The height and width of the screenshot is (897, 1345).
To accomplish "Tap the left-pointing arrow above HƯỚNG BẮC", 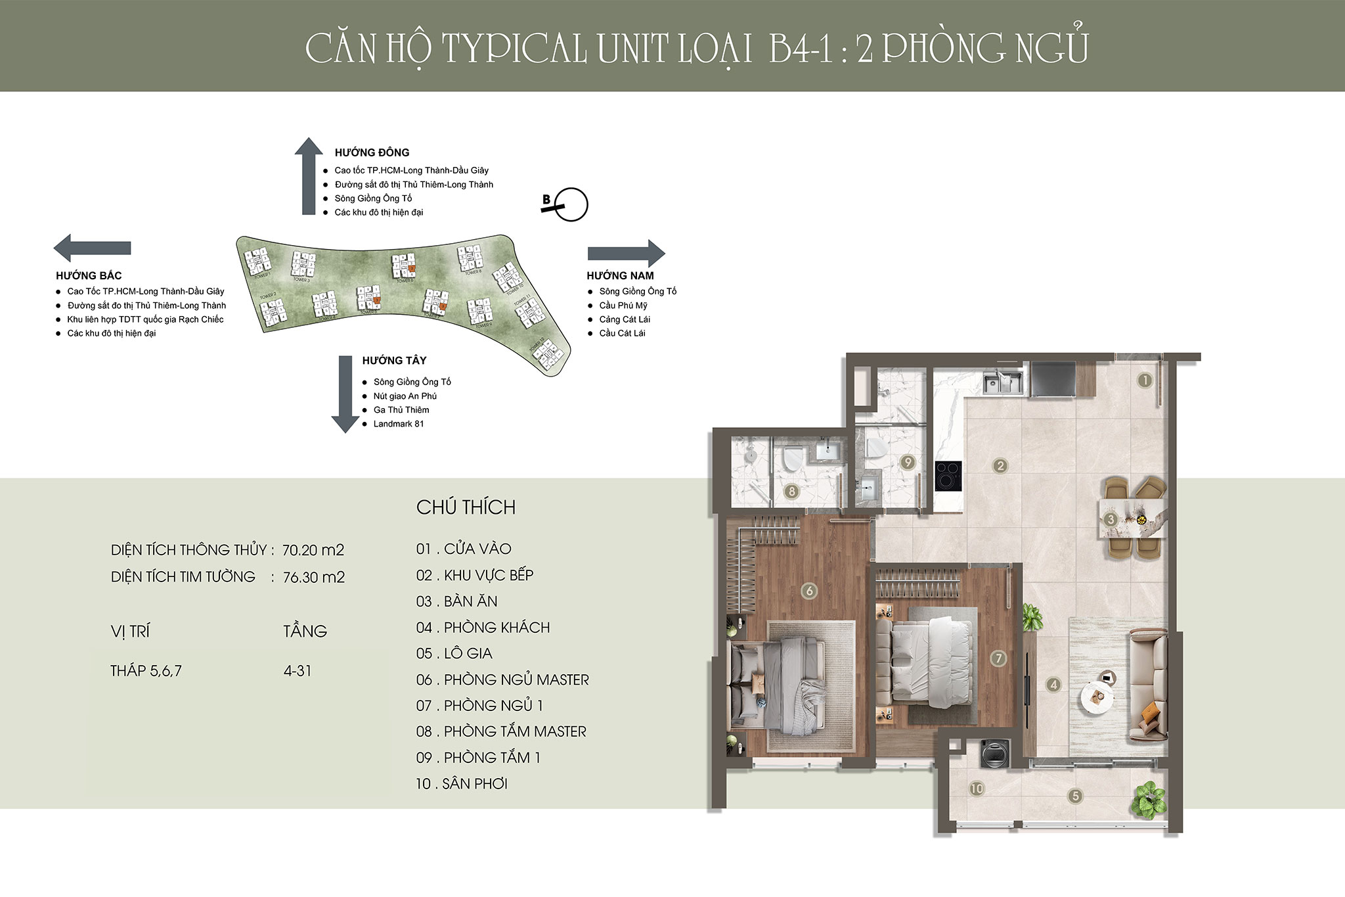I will (x=91, y=248).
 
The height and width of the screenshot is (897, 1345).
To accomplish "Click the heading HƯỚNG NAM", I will (x=620, y=276).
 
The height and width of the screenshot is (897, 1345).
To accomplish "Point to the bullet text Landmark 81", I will (x=399, y=424).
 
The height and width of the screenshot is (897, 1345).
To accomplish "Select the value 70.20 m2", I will (x=313, y=550).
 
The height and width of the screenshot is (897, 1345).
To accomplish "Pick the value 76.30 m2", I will (x=314, y=577).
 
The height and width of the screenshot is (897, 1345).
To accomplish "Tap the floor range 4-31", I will (x=298, y=671).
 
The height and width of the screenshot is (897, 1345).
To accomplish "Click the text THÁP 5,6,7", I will (x=146, y=671).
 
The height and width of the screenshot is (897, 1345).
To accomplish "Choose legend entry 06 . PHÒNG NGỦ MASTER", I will (x=502, y=679).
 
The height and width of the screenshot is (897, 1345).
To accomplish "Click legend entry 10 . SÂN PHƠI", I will (x=462, y=783).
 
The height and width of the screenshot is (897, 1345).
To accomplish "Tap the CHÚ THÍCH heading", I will (x=466, y=507).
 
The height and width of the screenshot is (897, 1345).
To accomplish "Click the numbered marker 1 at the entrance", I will (x=1145, y=380).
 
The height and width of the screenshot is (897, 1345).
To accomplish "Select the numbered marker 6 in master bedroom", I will (x=809, y=591).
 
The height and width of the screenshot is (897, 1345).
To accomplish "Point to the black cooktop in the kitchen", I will (x=948, y=476).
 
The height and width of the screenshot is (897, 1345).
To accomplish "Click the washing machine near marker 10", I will (x=991, y=753).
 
